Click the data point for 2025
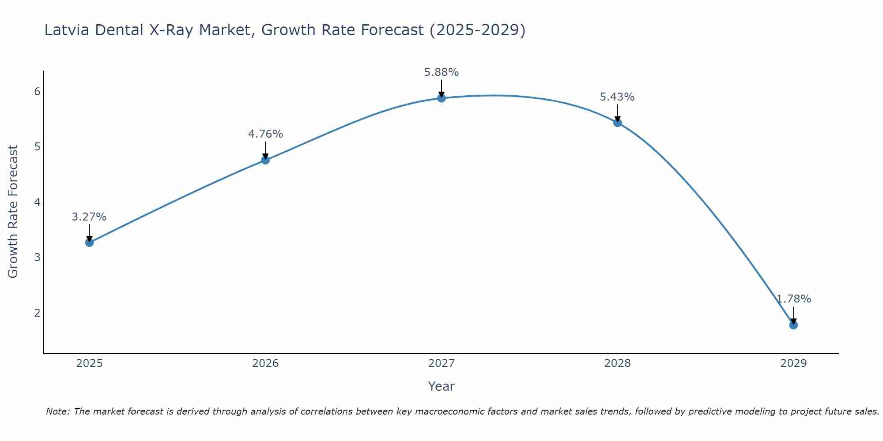click(89, 242)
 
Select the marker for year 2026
click(265, 160)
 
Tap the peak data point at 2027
click(441, 98)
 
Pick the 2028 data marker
click(617, 123)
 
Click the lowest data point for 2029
click(793, 325)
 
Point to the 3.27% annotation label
click(89, 217)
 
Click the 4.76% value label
click(265, 134)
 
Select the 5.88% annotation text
click(441, 72)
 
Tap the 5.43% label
click(617, 97)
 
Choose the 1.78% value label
click(793, 299)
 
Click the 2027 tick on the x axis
click(441, 363)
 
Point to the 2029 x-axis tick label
click(793, 363)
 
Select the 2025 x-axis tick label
click(89, 363)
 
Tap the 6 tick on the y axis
click(37, 91)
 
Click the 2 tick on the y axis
click(37, 313)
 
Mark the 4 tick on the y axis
click(37, 202)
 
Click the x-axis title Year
click(441, 386)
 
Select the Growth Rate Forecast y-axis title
click(13, 212)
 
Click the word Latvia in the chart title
click(67, 30)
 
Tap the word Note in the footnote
click(57, 411)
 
